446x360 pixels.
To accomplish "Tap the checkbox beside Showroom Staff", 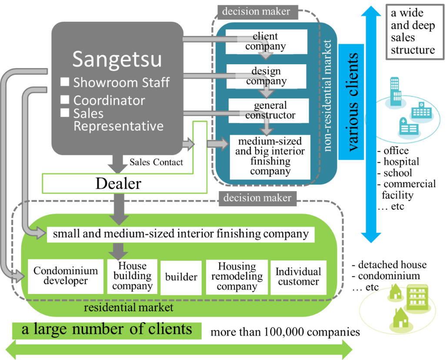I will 65,82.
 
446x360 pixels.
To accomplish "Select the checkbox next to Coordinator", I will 65,99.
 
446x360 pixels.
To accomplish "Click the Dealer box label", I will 118,183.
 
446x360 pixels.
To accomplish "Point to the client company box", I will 266,42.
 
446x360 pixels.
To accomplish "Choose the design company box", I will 266,76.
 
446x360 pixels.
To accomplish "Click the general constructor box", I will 269,111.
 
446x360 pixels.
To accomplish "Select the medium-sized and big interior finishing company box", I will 270,157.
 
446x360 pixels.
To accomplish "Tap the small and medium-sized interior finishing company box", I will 180,234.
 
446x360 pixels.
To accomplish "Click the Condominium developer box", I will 66,276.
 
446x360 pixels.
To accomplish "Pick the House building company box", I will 132,276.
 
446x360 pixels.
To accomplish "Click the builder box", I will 181,277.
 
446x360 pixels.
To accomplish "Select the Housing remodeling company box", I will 237,277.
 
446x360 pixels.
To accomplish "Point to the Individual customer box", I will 298,277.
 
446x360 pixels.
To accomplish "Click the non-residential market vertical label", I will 328,96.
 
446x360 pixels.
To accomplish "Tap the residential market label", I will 128,308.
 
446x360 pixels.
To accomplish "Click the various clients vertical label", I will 353,102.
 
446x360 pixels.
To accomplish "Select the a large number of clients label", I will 107,330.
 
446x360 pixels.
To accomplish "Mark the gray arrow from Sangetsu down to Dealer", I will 117,164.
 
